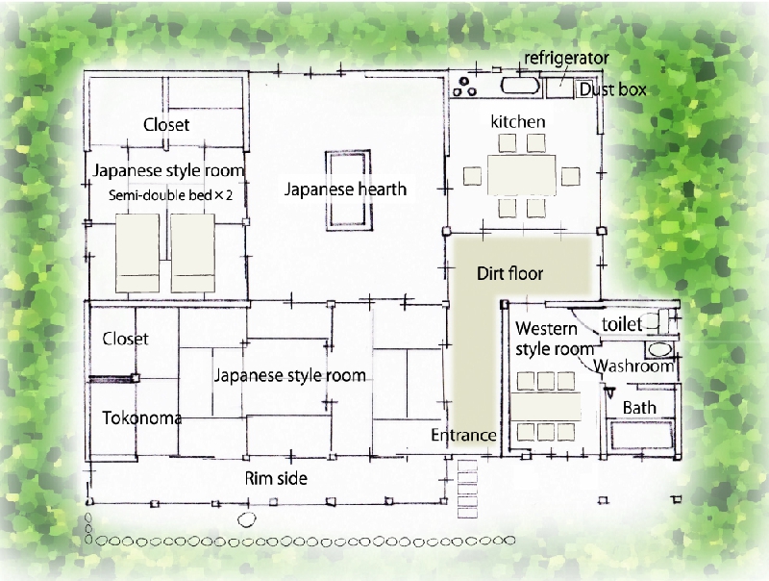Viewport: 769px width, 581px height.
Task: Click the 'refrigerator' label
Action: click(566, 59)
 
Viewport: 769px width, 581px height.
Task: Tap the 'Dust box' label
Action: click(612, 89)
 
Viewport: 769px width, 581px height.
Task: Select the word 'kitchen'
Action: click(518, 122)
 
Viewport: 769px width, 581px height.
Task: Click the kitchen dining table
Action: click(522, 175)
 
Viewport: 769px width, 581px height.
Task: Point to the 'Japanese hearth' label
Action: click(345, 189)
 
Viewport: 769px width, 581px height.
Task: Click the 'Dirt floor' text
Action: click(509, 273)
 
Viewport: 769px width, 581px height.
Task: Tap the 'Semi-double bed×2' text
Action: click(170, 195)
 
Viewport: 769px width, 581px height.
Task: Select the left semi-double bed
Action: click(137, 253)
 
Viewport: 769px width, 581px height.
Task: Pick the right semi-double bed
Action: click(193, 253)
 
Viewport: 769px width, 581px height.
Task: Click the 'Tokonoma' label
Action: click(141, 418)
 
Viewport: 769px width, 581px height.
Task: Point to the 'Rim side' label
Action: click(276, 478)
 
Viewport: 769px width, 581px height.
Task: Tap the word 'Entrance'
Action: click(463, 435)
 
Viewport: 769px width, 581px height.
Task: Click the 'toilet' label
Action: click(622, 324)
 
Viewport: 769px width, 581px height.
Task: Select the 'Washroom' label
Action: click(633, 366)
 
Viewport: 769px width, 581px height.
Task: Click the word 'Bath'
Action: click(639, 408)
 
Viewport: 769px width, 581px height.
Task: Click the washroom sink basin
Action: click(659, 349)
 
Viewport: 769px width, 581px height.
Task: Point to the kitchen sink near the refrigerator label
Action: click(520, 86)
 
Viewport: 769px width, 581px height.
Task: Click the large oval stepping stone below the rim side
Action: click(247, 519)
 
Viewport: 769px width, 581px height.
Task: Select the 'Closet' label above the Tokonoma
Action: click(125, 339)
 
